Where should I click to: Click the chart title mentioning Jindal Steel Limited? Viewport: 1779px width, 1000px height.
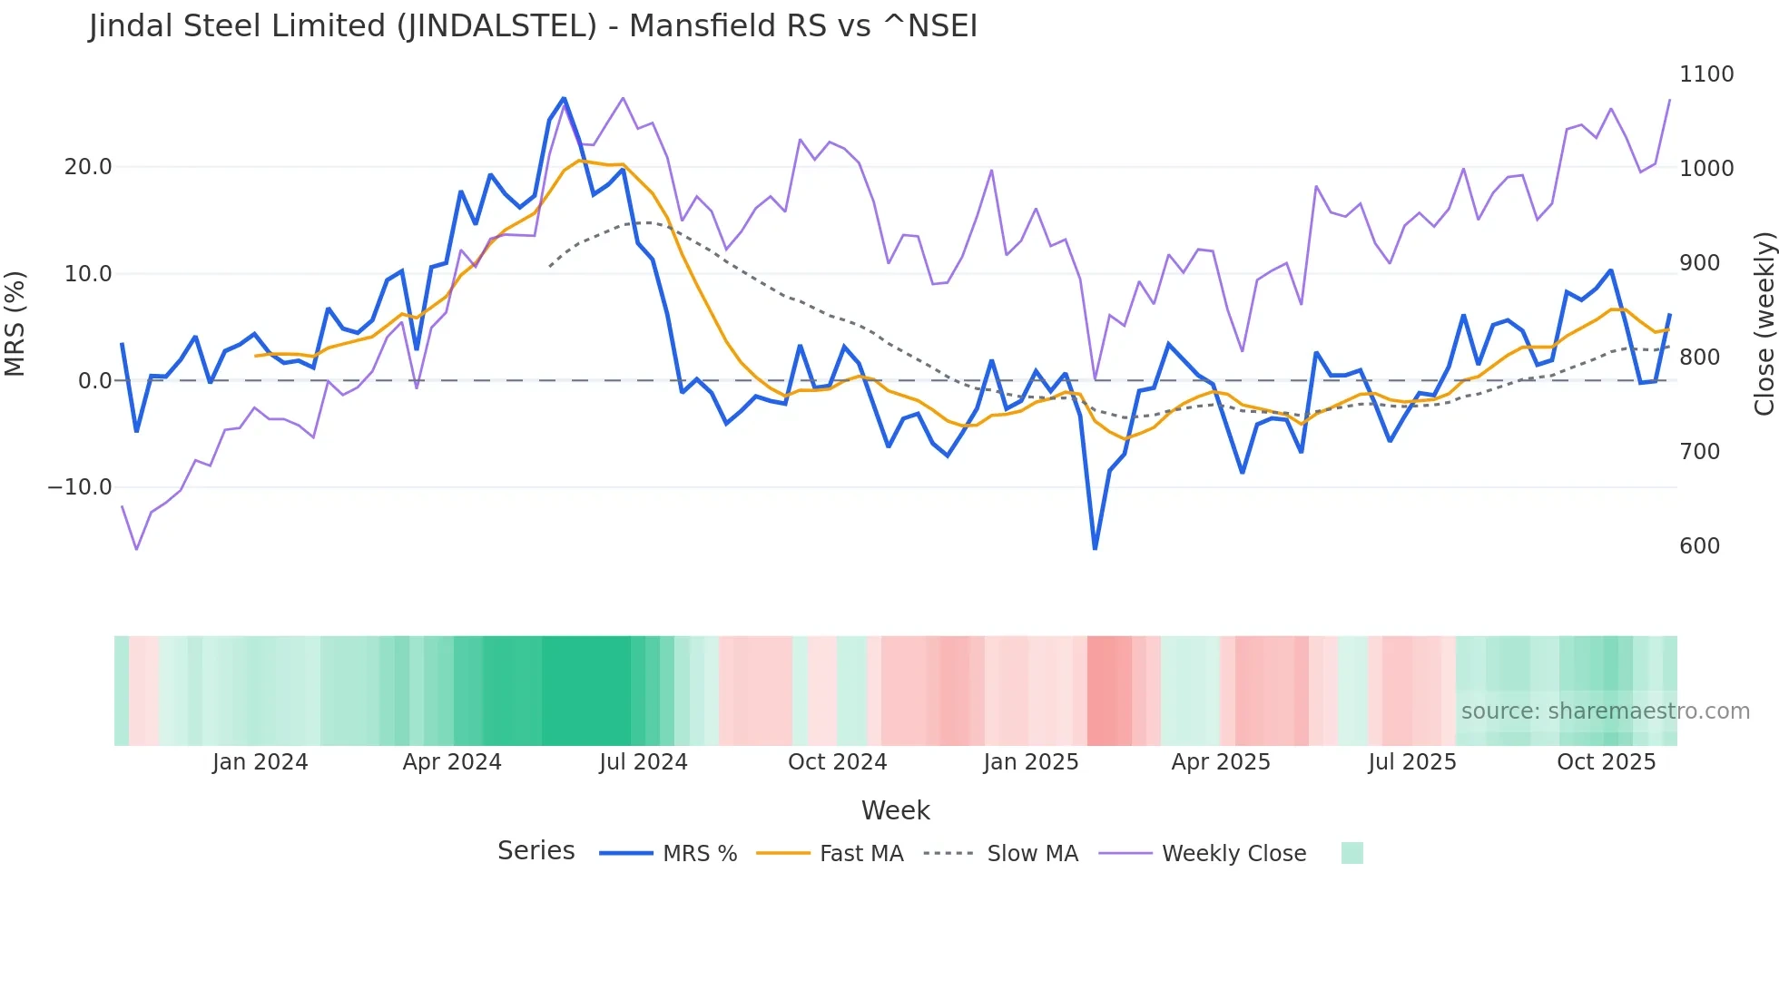(x=533, y=26)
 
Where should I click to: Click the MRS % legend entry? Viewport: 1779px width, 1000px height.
(x=699, y=854)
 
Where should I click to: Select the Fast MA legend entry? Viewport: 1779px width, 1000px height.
(x=860, y=854)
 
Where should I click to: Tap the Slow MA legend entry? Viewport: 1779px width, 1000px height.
(x=1032, y=854)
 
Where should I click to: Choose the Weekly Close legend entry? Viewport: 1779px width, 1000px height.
(x=1234, y=854)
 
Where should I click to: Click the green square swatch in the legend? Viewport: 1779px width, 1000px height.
(x=1351, y=853)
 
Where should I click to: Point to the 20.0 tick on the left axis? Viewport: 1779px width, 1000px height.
(x=88, y=167)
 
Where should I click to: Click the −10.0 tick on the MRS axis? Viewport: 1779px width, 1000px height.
(x=80, y=487)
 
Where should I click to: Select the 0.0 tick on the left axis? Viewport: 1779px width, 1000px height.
(x=94, y=381)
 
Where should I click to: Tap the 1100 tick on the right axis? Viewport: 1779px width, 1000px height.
(x=1706, y=74)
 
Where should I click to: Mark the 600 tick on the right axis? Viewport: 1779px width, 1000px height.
(x=1699, y=546)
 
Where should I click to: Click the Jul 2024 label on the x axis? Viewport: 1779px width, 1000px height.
(x=643, y=762)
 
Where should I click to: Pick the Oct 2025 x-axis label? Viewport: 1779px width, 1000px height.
(x=1606, y=762)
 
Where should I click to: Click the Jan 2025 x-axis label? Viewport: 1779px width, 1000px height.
(x=1030, y=762)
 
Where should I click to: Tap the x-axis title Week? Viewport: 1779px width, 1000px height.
(x=895, y=810)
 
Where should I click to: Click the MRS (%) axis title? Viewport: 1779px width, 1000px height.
(x=15, y=324)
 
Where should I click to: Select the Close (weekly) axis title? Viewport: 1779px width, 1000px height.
(x=1764, y=324)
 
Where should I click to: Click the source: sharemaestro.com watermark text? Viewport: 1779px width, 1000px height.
(x=1605, y=711)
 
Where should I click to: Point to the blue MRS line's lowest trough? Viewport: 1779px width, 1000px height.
(x=1095, y=548)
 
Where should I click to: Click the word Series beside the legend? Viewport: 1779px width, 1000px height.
(x=536, y=851)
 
